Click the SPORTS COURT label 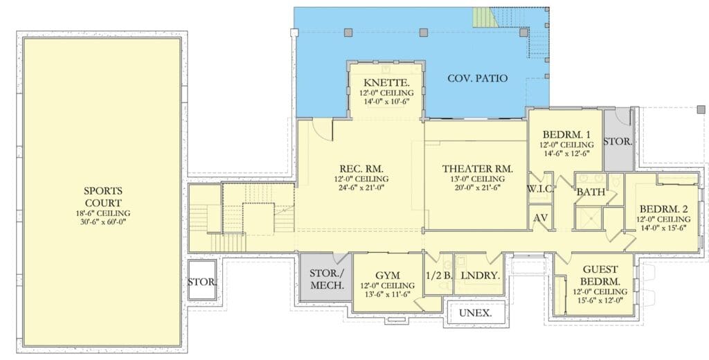(103, 197)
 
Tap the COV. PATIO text (478, 78)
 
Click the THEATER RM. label (478, 169)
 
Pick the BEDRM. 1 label (566, 134)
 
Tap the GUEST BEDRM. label (600, 276)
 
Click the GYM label (388, 276)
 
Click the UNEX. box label (475, 313)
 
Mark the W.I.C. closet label (540, 189)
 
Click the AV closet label (541, 217)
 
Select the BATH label (591, 192)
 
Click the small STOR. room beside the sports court (202, 280)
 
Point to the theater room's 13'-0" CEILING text (478, 179)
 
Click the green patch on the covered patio (482, 17)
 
